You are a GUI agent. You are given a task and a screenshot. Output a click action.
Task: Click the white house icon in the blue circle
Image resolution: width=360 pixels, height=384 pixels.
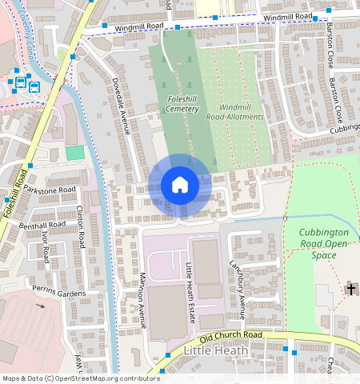point(180,186)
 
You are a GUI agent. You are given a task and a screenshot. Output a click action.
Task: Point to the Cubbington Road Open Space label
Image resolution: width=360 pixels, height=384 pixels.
point(324,243)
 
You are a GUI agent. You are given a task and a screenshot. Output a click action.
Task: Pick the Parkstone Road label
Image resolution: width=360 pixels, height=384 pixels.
point(50,190)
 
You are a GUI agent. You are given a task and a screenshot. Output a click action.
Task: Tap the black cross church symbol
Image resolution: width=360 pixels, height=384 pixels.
point(350,288)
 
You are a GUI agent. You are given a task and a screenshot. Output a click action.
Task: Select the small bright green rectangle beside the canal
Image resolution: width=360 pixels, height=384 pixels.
point(74,152)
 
